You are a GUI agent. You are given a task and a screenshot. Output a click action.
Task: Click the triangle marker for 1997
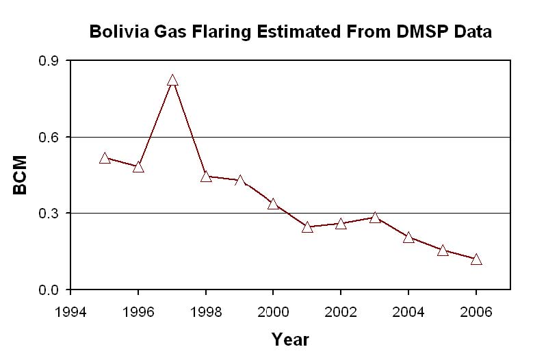[172, 80]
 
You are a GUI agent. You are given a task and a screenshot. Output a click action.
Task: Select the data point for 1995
[105, 158]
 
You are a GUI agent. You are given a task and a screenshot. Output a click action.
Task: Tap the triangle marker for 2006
[476, 259]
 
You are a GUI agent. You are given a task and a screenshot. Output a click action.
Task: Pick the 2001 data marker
[307, 227]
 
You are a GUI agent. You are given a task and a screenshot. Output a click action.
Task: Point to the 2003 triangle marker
[375, 218]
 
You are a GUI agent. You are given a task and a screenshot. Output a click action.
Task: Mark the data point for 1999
[240, 181]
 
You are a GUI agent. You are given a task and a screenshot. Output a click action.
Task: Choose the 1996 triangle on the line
[138, 167]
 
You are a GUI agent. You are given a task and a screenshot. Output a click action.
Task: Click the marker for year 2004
[408, 237]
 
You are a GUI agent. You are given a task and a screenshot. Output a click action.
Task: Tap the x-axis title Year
[290, 339]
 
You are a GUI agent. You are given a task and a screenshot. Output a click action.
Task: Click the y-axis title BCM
[20, 175]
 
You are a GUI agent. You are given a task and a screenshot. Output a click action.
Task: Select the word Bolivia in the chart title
[118, 31]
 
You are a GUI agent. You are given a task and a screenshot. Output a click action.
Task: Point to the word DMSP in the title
[419, 31]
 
